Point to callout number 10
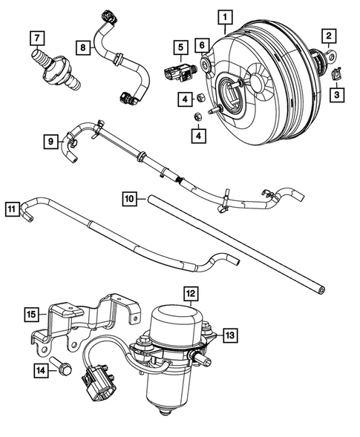129,199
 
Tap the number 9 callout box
50,140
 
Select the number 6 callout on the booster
201,46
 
